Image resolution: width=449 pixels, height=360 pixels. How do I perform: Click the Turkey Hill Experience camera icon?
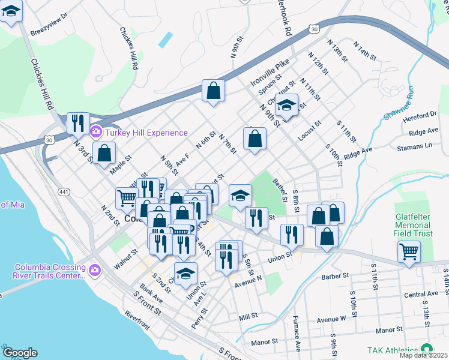[x=95, y=132]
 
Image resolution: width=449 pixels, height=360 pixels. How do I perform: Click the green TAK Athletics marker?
[x=426, y=349]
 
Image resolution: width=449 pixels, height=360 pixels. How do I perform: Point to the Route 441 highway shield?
[x=63, y=191]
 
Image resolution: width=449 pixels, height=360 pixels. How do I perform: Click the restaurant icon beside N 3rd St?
[x=78, y=123]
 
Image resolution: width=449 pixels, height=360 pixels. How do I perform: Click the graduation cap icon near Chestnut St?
[x=287, y=105]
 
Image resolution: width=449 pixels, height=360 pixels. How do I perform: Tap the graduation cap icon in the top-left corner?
[x=11, y=11]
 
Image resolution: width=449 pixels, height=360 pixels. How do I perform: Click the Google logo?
[x=20, y=353]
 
